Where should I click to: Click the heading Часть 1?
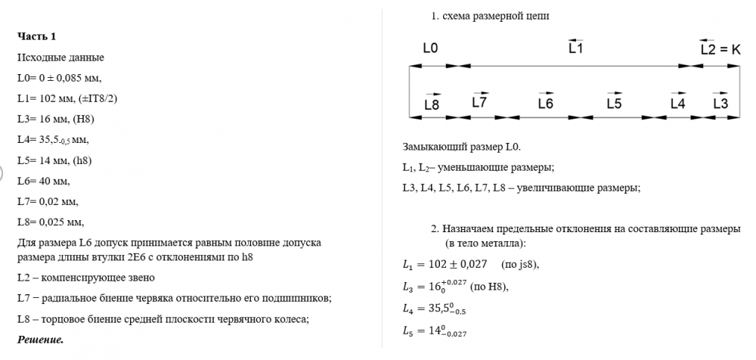coord(36,36)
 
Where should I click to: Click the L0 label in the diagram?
coord(429,48)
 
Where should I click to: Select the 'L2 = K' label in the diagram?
coord(720,49)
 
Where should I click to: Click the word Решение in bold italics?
coord(40,340)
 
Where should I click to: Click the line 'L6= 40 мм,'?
coord(43,181)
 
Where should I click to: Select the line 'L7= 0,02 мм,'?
coord(47,201)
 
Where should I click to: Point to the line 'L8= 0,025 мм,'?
coord(50,222)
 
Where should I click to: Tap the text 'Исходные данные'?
coord(60,57)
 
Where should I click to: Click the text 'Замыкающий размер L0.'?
coord(462,147)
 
